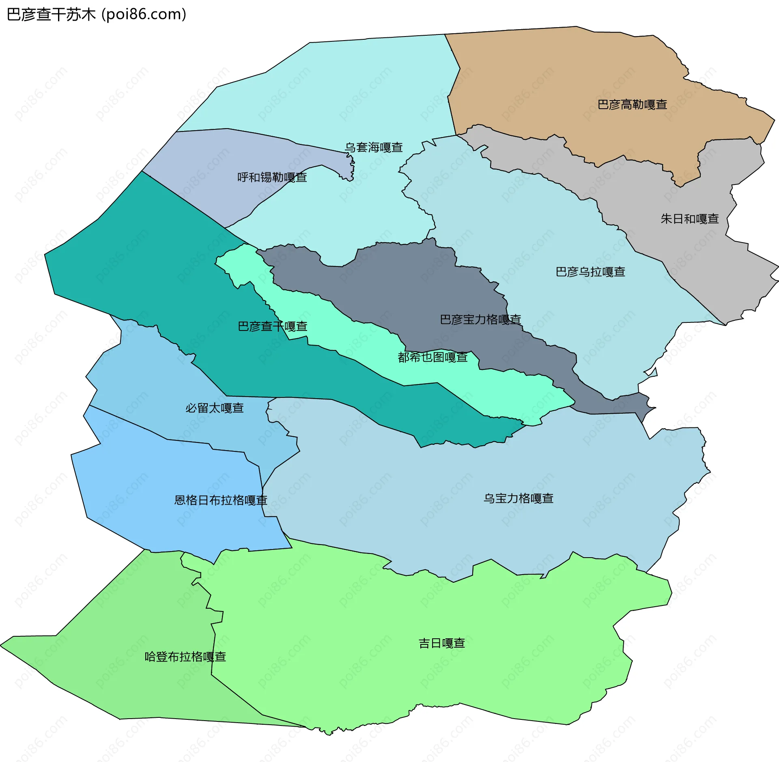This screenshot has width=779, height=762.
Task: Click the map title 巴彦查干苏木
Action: [x=51, y=15]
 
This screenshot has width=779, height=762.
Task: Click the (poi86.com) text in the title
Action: [x=144, y=15]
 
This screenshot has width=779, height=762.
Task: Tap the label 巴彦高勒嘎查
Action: [x=632, y=105]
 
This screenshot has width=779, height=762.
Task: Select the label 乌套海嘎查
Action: [x=374, y=147]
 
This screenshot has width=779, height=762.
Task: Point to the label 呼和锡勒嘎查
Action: [x=272, y=177]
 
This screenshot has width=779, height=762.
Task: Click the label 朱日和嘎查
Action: [x=690, y=219]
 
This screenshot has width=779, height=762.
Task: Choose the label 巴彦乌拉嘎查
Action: [x=590, y=272]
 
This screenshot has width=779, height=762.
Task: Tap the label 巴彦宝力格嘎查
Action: [x=480, y=320]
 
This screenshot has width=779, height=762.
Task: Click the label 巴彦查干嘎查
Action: [x=272, y=326]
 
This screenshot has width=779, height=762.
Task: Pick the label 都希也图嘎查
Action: [x=433, y=357]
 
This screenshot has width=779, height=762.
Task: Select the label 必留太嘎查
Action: [x=214, y=408]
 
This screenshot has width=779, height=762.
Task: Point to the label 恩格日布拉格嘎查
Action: [x=221, y=500]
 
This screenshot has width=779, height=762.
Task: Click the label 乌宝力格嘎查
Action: [x=519, y=498]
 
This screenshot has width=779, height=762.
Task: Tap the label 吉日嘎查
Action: [x=441, y=643]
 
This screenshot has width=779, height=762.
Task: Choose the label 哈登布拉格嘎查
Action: [x=185, y=657]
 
